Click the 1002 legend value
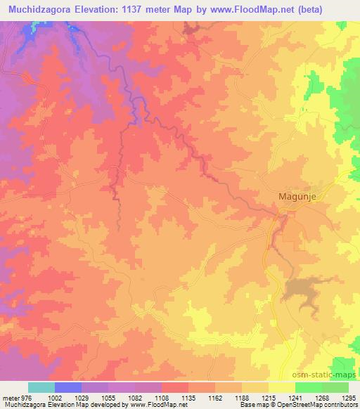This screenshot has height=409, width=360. click(x=65, y=397)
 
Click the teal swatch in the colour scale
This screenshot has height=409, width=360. click(x=41, y=387)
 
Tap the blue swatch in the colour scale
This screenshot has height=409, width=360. click(x=68, y=387)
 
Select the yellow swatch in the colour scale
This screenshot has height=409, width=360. click(x=282, y=387)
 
